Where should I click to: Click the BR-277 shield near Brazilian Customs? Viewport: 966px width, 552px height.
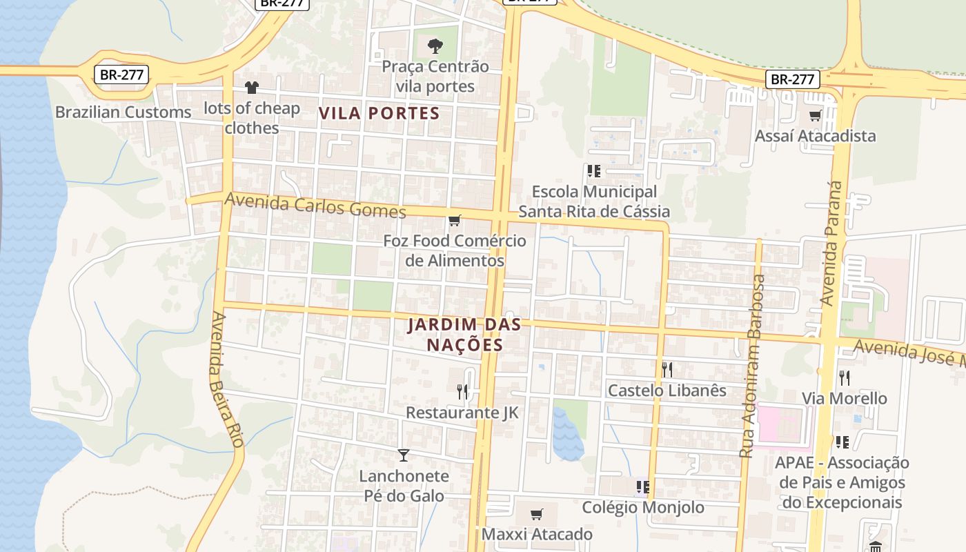pyautogui.click(x=121, y=75)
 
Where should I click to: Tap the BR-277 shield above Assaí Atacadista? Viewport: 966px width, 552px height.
pyautogui.click(x=792, y=79)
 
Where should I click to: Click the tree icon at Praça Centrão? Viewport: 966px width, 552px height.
pyautogui.click(x=435, y=46)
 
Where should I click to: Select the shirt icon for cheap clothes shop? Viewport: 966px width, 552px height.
pyautogui.click(x=251, y=88)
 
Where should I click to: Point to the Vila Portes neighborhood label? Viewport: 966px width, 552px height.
pyautogui.click(x=379, y=113)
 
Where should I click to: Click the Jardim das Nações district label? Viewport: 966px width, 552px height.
pyautogui.click(x=464, y=334)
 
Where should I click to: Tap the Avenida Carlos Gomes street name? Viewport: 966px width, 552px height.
pyautogui.click(x=315, y=206)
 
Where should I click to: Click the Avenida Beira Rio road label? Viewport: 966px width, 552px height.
pyautogui.click(x=226, y=379)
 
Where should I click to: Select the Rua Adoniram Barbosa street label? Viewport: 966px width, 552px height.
pyautogui.click(x=753, y=366)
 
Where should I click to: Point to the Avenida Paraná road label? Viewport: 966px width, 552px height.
pyautogui.click(x=831, y=243)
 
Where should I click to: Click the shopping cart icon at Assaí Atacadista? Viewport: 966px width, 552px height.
pyautogui.click(x=815, y=115)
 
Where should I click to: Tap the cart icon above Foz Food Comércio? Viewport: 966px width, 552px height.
pyautogui.click(x=454, y=221)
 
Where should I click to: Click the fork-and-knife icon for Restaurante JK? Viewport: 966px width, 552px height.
pyautogui.click(x=462, y=391)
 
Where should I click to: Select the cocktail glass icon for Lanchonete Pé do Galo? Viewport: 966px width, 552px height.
pyautogui.click(x=404, y=455)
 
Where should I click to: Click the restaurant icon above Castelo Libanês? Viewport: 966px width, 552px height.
pyautogui.click(x=667, y=369)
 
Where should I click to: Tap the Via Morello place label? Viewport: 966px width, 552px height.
pyautogui.click(x=844, y=398)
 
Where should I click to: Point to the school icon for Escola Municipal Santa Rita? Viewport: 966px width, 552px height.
pyautogui.click(x=593, y=170)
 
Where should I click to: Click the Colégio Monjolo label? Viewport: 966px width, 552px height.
pyautogui.click(x=643, y=507)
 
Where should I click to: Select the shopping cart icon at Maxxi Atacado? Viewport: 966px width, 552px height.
pyautogui.click(x=536, y=514)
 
